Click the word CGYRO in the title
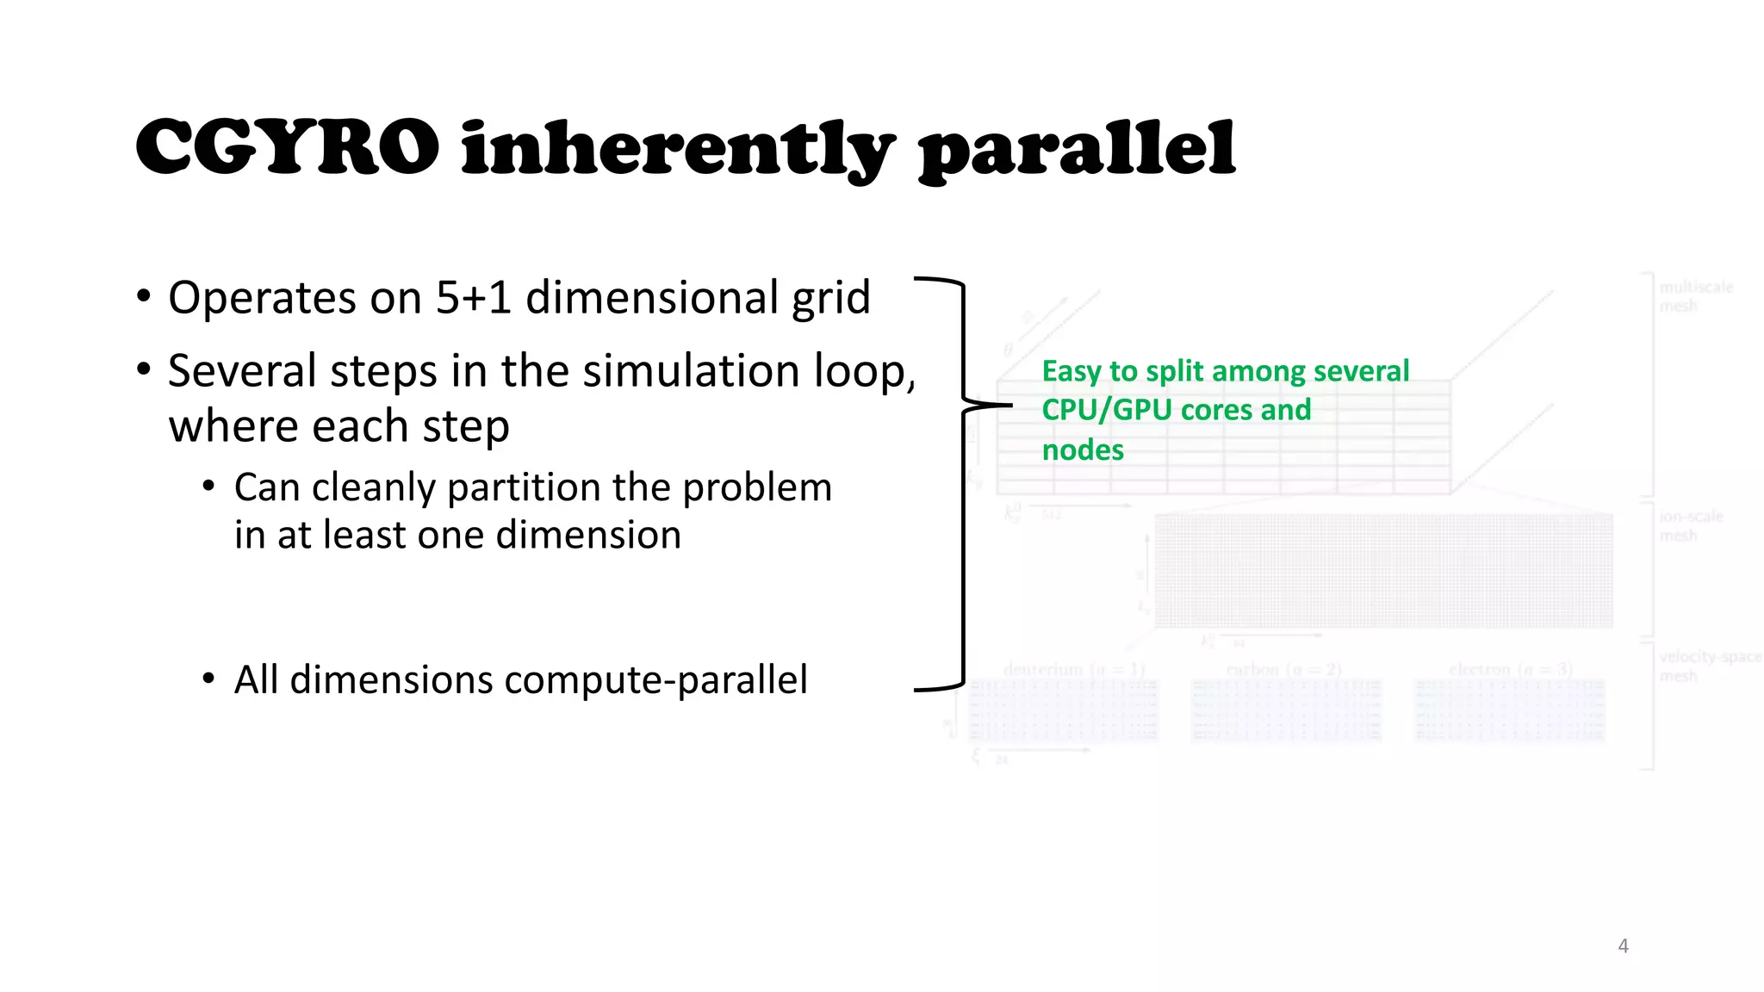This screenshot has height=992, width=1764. click(287, 148)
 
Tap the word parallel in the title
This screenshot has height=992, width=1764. click(1077, 151)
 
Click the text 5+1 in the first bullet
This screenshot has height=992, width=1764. click(474, 298)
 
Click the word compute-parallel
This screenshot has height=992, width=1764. click(655, 680)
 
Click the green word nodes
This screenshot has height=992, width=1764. click(1083, 450)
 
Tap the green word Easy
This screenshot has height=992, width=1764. click(1071, 371)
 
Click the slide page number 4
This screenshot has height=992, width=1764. click(1623, 945)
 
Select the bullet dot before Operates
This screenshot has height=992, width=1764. click(144, 297)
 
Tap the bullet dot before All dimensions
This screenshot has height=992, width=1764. click(208, 679)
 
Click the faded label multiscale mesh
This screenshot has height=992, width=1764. click(1695, 296)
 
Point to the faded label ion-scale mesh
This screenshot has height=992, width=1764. click(1690, 525)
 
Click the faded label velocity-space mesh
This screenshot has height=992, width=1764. click(1709, 666)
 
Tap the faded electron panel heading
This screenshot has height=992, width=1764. click(1510, 669)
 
